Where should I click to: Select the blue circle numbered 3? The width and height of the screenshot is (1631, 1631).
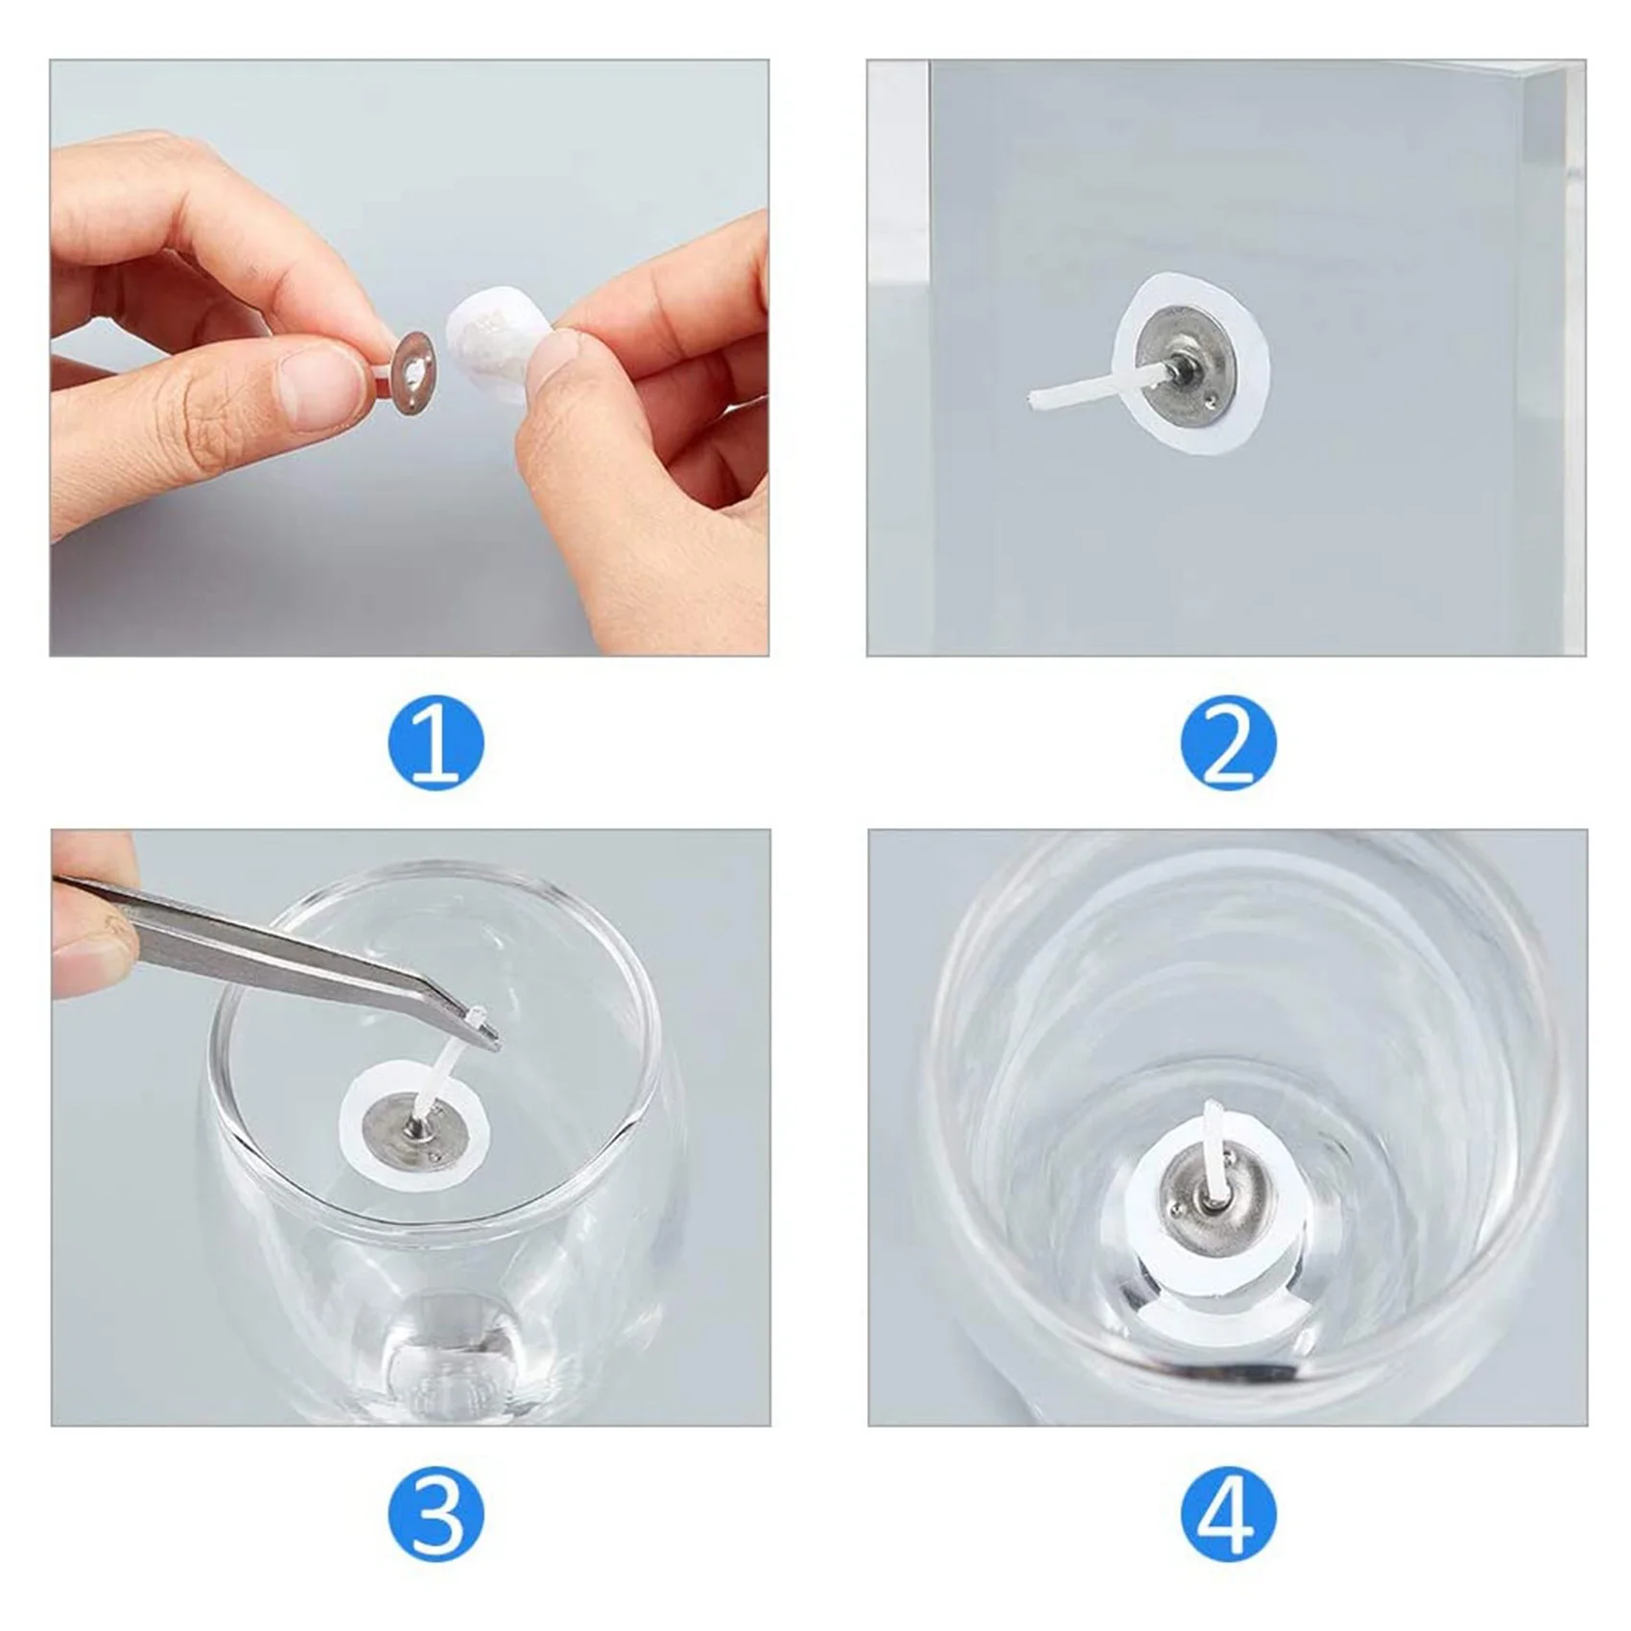coord(436,1514)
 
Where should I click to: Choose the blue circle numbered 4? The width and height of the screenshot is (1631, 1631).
coord(1228,1514)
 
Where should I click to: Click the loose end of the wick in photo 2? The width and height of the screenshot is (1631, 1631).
coord(1032,400)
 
